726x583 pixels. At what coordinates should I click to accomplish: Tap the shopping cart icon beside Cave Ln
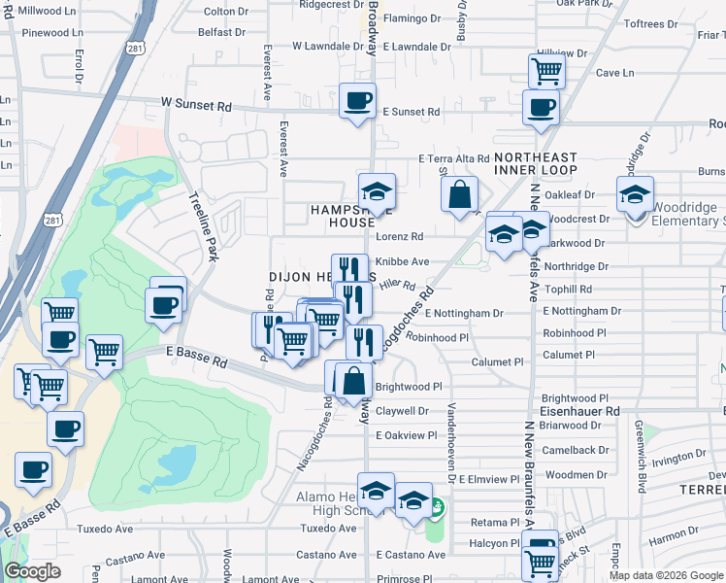546,70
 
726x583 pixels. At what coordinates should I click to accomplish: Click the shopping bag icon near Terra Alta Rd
459,193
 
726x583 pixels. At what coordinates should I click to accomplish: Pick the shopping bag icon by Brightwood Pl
354,380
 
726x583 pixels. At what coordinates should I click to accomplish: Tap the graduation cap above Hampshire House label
377,189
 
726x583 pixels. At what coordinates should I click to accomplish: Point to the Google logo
32,571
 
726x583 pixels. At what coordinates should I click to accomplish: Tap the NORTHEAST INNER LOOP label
535,163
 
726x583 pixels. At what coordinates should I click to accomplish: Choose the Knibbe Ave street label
402,262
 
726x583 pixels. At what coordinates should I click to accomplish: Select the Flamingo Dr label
412,18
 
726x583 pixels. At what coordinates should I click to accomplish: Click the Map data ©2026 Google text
665,575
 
